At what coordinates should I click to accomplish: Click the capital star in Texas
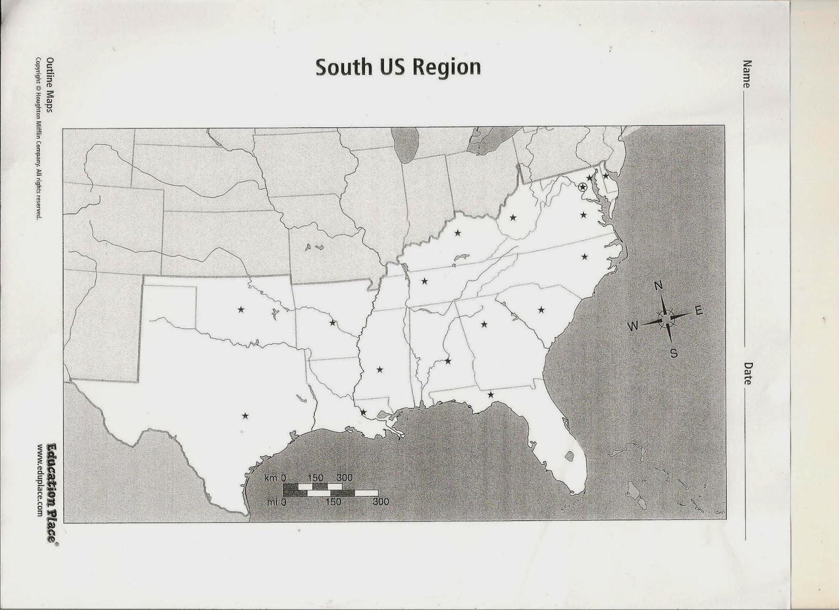tap(245, 416)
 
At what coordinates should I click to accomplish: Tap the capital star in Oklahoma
tap(241, 310)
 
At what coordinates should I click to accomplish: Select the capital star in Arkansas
tap(332, 323)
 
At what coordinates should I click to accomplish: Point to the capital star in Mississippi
tap(380, 370)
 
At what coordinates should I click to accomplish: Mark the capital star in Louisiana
tap(363, 412)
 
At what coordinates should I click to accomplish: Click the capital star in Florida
tap(491, 394)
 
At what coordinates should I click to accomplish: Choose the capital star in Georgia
tap(484, 324)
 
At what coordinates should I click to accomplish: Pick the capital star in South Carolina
tap(541, 310)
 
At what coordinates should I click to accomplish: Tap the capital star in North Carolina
tap(585, 256)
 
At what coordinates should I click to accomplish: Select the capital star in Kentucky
tap(458, 232)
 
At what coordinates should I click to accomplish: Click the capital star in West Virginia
tap(513, 217)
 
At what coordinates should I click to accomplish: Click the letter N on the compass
tap(659, 286)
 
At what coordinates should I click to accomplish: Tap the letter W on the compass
tap(633, 326)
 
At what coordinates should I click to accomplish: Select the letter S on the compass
tap(674, 354)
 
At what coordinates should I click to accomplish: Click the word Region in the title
tap(447, 67)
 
